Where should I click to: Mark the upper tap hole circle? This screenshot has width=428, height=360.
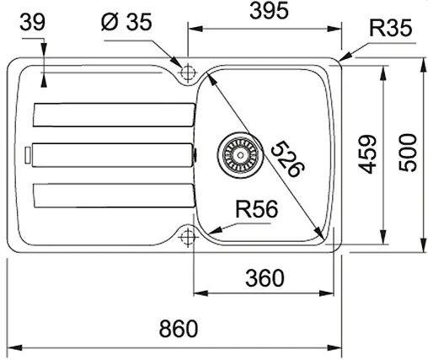(x=186, y=73)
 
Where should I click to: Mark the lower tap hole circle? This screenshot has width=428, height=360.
(x=186, y=236)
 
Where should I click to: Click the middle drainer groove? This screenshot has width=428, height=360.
(x=110, y=154)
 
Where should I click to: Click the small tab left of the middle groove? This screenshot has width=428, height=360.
(x=28, y=154)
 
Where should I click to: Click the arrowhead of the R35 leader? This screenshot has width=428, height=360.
(x=342, y=58)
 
